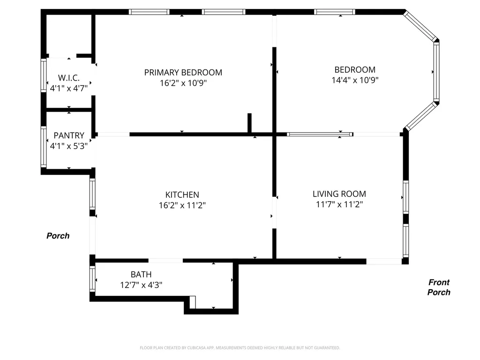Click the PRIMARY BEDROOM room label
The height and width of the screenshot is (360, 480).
pos(183,72)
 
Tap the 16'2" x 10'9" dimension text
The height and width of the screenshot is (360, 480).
pos(183,83)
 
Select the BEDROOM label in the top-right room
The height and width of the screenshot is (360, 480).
pos(353,69)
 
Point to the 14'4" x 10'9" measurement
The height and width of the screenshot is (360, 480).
pos(355,80)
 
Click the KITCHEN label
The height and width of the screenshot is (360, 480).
pos(182,195)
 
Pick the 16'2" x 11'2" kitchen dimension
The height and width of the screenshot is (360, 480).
pos(182,205)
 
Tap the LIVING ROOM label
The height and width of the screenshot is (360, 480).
pos(339,194)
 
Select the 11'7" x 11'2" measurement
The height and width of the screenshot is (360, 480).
pos(339,204)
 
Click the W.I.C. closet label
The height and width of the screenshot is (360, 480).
pos(69,77)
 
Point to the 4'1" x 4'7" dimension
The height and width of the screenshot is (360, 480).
pos(69,87)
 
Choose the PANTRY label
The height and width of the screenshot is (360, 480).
pos(69,135)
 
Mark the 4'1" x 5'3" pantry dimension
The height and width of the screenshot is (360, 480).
pos(69,146)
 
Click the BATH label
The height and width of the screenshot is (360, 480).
pos(141,275)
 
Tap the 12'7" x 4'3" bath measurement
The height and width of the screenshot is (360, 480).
pos(141,285)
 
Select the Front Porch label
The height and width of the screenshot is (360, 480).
pos(439,287)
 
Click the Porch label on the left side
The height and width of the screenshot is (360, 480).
pos(58,236)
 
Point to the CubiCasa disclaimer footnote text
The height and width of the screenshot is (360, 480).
pos(240,348)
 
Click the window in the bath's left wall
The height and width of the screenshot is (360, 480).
pos(92,279)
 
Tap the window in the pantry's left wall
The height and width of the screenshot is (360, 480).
pos(44,147)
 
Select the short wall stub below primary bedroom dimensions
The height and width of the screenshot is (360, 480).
pos(249,123)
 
